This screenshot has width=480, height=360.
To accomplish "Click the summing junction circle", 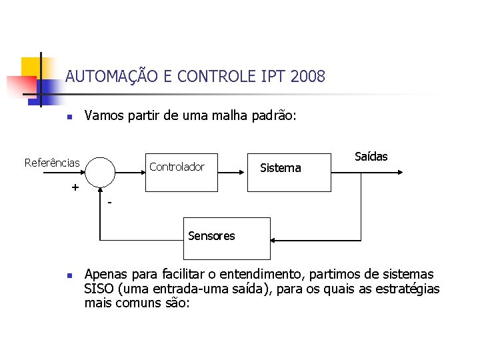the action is (x=100, y=172).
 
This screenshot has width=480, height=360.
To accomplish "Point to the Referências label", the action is (x=52, y=163).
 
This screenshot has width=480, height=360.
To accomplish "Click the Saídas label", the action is (x=371, y=157).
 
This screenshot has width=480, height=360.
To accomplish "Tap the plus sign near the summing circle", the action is (x=75, y=187).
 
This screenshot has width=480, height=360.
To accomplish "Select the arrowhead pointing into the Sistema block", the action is (x=243, y=172).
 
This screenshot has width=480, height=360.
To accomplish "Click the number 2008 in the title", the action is (x=308, y=77).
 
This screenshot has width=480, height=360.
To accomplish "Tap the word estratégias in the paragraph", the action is (x=407, y=289).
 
